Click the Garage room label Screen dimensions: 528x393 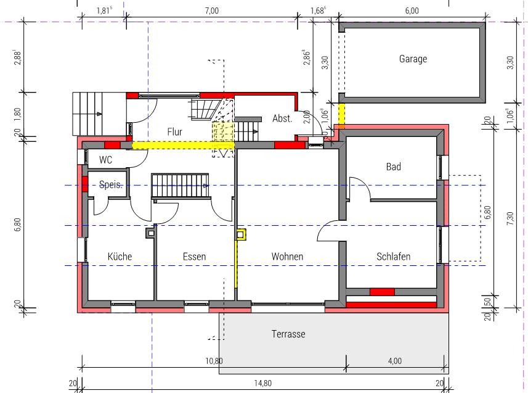click(x=413, y=59)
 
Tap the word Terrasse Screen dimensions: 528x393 click(x=288, y=334)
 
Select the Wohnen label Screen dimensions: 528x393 click(x=287, y=257)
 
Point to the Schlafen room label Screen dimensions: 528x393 click(x=393, y=257)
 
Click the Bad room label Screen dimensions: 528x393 click(x=393, y=167)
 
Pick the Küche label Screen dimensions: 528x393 click(x=120, y=257)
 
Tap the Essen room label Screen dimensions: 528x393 click(x=194, y=257)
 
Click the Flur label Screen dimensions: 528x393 click(x=174, y=131)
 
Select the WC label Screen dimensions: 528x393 click(x=105, y=160)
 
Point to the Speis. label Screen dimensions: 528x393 click(x=111, y=184)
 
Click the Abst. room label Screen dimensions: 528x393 click(x=282, y=118)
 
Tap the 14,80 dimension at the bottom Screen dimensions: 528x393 click(x=262, y=384)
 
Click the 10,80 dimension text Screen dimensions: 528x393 click(x=214, y=362)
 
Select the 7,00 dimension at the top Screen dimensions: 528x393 click(x=212, y=10)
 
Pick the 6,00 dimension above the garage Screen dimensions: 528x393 click(x=412, y=10)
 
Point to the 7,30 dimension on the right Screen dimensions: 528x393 click(x=510, y=218)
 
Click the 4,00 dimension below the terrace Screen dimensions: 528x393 click(x=395, y=362)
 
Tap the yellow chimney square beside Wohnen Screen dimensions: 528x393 click(x=241, y=234)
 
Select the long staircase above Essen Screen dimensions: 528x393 click(x=180, y=185)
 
